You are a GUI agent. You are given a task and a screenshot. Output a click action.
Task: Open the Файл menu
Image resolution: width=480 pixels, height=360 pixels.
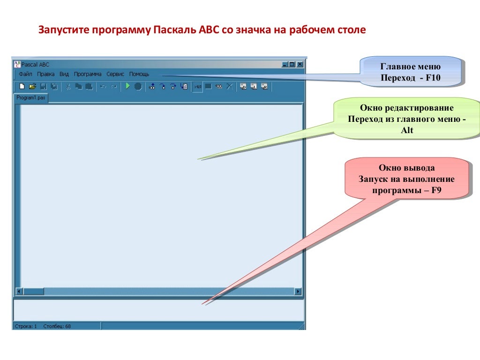(x=25, y=74)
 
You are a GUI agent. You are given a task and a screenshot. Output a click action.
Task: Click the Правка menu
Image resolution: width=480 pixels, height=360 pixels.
(x=46, y=74)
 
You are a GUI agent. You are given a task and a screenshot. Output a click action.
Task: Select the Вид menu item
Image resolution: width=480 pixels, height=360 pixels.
(x=64, y=74)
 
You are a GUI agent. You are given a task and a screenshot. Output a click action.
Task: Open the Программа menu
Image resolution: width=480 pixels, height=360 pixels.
(x=88, y=74)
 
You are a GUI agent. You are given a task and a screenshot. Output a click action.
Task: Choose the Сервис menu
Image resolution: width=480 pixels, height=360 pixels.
(x=115, y=74)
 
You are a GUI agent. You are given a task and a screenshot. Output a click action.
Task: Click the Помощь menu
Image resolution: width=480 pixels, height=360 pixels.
(x=139, y=74)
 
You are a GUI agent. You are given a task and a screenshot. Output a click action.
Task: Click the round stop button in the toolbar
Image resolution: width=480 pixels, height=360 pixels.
(x=138, y=86)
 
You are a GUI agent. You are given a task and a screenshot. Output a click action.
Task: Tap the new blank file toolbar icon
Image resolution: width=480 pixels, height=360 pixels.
(x=22, y=86)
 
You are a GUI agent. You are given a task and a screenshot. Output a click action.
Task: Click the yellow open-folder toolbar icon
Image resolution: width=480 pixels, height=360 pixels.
(x=32, y=86)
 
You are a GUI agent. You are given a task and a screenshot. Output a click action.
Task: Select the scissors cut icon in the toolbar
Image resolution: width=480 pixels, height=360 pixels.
(x=67, y=86)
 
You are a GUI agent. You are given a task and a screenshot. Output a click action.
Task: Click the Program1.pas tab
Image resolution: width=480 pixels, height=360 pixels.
(x=31, y=98)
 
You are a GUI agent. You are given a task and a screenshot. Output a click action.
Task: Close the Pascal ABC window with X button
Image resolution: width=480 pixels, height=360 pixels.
(x=300, y=65)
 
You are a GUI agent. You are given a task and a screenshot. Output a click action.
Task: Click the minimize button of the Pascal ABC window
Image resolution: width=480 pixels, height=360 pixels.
(x=285, y=65)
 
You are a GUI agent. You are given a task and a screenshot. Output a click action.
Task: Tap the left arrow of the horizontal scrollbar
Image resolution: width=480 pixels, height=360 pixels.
(x=19, y=291)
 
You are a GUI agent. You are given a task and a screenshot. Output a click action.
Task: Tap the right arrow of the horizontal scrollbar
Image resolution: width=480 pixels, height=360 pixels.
(x=298, y=291)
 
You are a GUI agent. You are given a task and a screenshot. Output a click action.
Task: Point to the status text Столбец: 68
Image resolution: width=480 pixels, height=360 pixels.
(x=57, y=326)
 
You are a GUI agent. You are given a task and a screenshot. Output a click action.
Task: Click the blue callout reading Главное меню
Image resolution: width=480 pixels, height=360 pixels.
(x=410, y=71)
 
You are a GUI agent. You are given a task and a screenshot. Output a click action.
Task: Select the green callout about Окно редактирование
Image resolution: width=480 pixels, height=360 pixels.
(x=406, y=119)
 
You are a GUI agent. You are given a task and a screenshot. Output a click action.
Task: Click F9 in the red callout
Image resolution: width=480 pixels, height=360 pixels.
(x=436, y=190)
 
